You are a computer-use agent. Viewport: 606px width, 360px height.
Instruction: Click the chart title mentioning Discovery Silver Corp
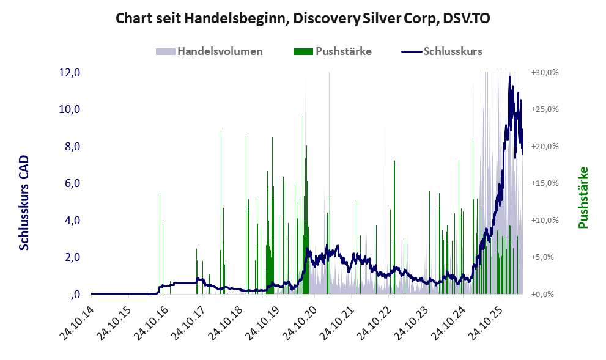coord(303,18)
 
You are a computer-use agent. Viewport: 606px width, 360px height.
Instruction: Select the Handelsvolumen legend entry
coord(209,51)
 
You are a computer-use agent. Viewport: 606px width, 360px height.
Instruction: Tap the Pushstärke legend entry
coord(333,51)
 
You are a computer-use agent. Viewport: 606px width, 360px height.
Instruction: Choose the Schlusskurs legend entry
coord(442,51)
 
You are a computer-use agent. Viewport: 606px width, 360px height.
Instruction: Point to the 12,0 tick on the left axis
coord(69,73)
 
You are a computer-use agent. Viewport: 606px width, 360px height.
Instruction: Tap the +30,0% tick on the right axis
coord(545,73)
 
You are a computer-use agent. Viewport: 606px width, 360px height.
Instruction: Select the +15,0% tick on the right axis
coord(545,183)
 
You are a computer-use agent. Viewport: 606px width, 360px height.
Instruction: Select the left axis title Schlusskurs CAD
coord(24,202)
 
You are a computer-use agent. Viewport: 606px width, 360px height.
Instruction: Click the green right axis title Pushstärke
coord(583,198)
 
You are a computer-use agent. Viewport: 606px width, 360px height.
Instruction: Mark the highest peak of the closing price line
coord(510,76)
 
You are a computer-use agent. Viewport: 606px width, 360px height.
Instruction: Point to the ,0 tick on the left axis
coord(76,295)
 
